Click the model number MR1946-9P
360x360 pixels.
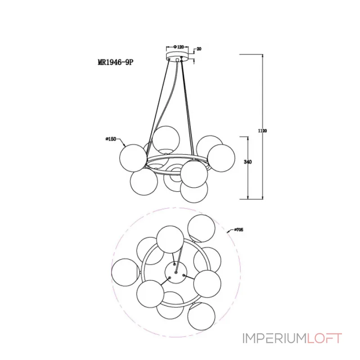[115, 62]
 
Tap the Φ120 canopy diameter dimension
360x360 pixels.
[179, 47]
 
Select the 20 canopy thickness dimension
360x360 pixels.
[199, 49]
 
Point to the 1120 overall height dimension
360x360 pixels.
[262, 131]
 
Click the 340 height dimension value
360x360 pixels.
[248, 162]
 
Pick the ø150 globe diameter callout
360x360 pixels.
[111, 139]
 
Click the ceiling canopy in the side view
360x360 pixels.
[177, 57]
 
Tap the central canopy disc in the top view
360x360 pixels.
[176, 273]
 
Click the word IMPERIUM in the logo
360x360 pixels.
[274, 338]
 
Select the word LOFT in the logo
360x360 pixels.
[324, 338]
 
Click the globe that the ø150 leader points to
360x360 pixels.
[133, 158]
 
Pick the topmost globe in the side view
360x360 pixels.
[166, 139]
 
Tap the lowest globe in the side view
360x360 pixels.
[194, 189]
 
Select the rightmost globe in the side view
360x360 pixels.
[221, 158]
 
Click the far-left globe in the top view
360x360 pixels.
[125, 273]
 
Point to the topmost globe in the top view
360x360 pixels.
[202, 229]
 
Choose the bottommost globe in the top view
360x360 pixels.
[201, 317]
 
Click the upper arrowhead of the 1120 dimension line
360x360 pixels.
[262, 56]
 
